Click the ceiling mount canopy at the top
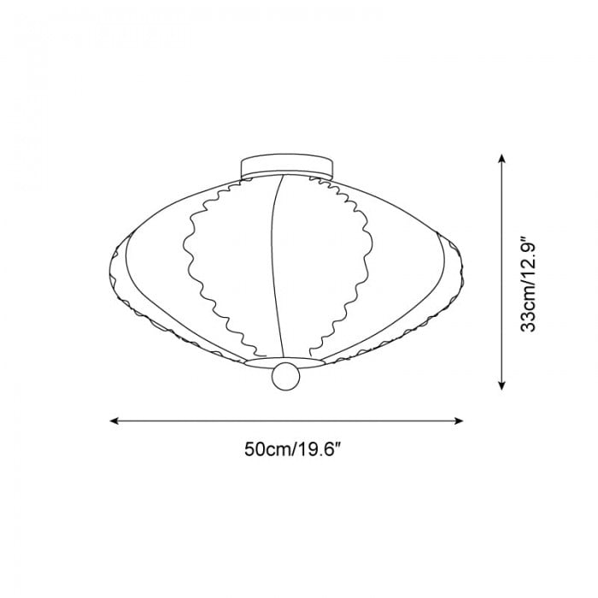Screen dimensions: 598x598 (x=286, y=166)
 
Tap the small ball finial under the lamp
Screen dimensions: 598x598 (x=285, y=377)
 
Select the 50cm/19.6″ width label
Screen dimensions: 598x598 (x=287, y=450)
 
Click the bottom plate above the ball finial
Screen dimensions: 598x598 (x=285, y=362)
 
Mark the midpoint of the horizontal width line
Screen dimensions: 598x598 (x=287, y=420)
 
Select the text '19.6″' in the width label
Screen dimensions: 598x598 (x=313, y=450)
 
